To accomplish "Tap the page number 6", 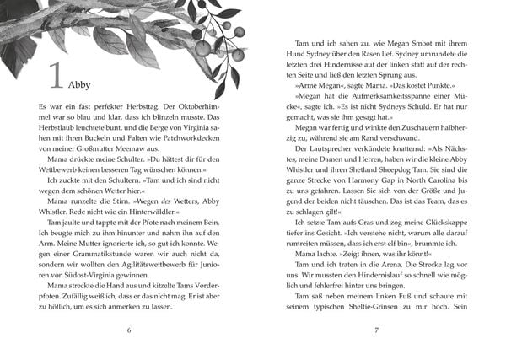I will pyautogui.click(x=128, y=330).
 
